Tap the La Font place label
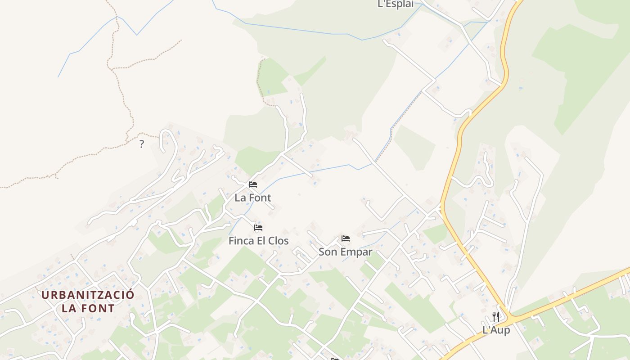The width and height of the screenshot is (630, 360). (x=253, y=198)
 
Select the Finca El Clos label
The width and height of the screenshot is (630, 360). (x=258, y=241)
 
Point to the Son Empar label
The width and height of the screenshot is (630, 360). (x=345, y=252)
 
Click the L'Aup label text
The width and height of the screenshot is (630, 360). (x=496, y=330)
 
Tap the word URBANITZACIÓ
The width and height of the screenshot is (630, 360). (x=88, y=295)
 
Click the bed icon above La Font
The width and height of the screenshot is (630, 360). (x=253, y=184)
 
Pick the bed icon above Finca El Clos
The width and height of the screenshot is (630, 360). (x=258, y=228)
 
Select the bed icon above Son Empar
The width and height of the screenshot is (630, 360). (x=345, y=238)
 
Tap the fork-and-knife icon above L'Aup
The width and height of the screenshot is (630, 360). (x=495, y=316)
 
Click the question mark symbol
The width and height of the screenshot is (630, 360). (x=142, y=144)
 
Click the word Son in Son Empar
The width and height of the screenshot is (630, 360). (x=327, y=252)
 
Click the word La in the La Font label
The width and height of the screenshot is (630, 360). (x=240, y=198)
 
